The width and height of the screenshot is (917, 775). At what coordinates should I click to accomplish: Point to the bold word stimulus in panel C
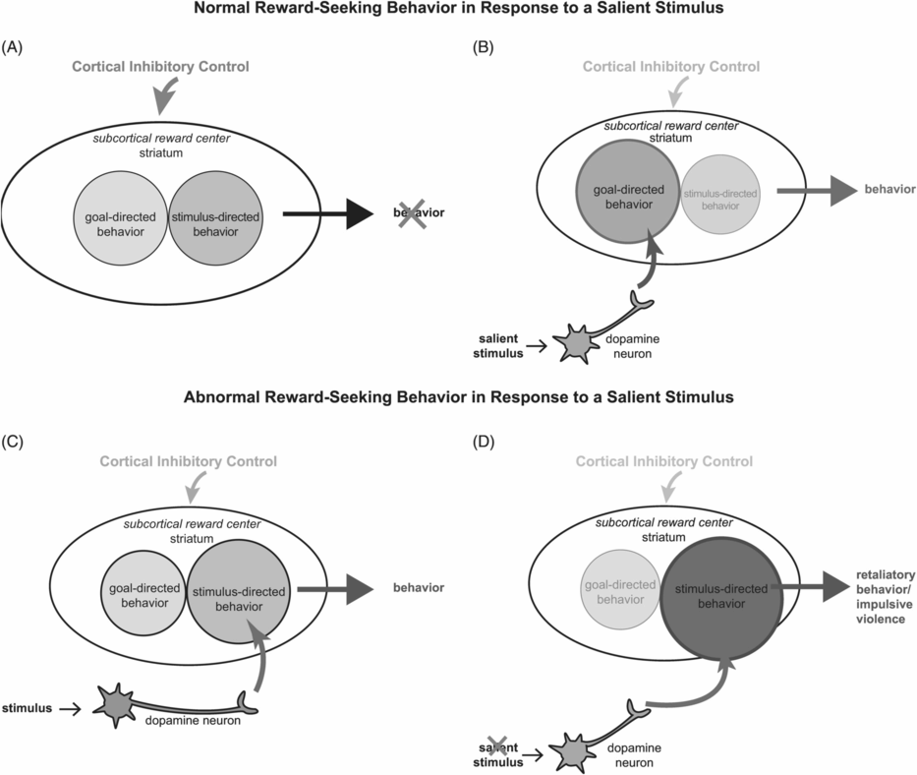coord(28,705)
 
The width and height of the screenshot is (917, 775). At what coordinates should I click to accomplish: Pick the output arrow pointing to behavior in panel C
coord(334,589)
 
